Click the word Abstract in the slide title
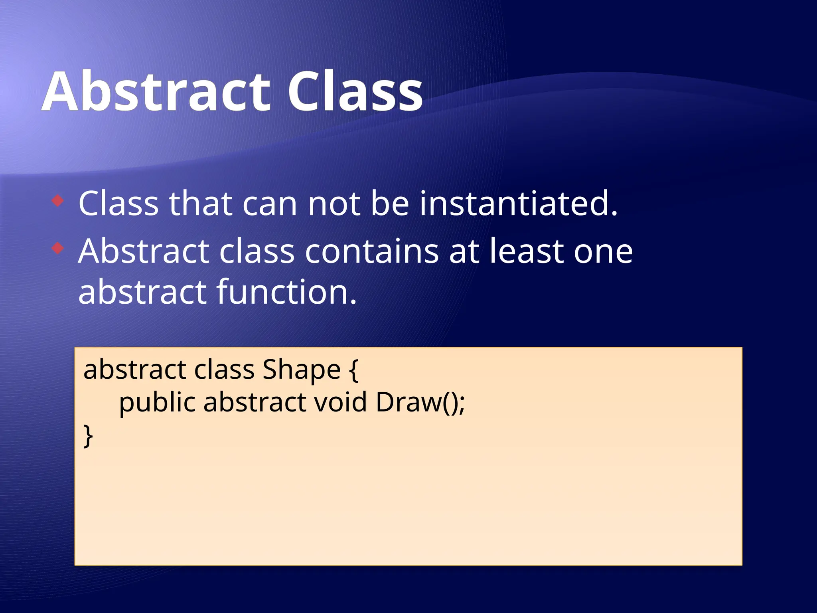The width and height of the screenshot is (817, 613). pyautogui.click(x=156, y=92)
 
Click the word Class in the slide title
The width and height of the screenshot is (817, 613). pyautogui.click(x=355, y=92)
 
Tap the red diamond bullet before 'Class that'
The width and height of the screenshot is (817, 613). pyautogui.click(x=58, y=200)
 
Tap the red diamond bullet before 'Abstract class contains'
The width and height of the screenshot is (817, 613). pyautogui.click(x=58, y=248)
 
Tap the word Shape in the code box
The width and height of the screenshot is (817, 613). pyautogui.click(x=301, y=370)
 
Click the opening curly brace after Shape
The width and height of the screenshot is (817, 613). pyautogui.click(x=353, y=370)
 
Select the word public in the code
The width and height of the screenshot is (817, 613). pyautogui.click(x=157, y=402)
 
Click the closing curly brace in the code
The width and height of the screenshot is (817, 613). pyautogui.click(x=88, y=436)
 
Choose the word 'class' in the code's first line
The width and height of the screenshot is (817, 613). pyautogui.click(x=224, y=370)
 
